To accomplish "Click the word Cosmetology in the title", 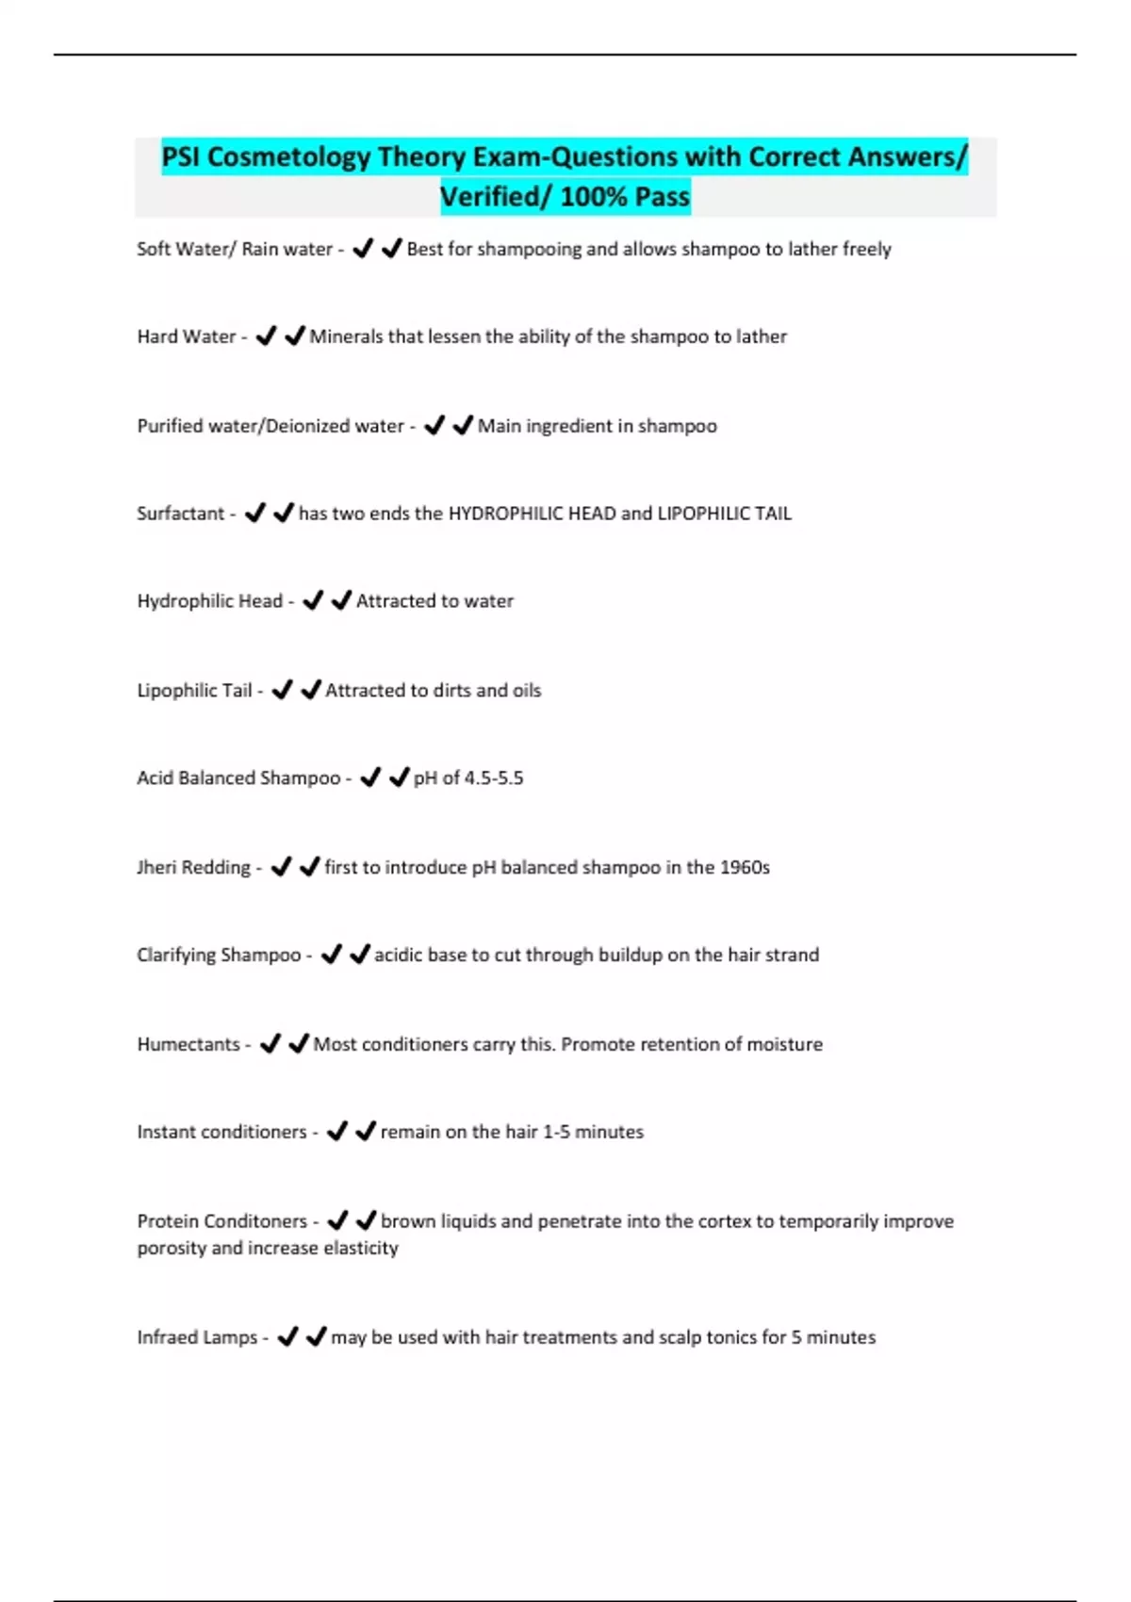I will pos(288,156).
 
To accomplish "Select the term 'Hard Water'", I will pos(187,336).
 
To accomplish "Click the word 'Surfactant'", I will pos(181,514).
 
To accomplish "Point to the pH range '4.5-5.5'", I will pos(494,778).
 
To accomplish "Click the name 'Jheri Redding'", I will pos(194,867).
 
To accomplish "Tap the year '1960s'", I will pos(745,867).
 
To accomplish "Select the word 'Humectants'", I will pos(188,1044).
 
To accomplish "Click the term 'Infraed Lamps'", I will pos(197,1337).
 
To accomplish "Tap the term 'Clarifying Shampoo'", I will pos(219,955).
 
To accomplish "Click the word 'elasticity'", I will pos(361,1248).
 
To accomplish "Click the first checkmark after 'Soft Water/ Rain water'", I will pos(362,249).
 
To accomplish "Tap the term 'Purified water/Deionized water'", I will pos(270,426).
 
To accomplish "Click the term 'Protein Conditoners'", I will pos(222,1221).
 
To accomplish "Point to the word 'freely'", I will pos(866,249).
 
